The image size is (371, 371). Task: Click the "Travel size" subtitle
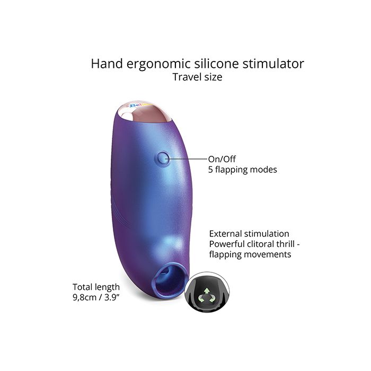[197, 77]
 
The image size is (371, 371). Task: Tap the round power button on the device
[163, 158]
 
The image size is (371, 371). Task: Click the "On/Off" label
[222, 159]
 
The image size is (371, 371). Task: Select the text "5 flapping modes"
[243, 170]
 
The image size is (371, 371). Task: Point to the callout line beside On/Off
[187, 159]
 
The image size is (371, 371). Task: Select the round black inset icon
[207, 292]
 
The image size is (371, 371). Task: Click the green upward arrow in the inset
[207, 290]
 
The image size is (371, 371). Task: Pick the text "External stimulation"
[249, 234]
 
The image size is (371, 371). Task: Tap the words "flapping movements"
[250, 254]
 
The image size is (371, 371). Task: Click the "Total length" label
[96, 287]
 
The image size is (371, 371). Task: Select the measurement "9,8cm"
[84, 298]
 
